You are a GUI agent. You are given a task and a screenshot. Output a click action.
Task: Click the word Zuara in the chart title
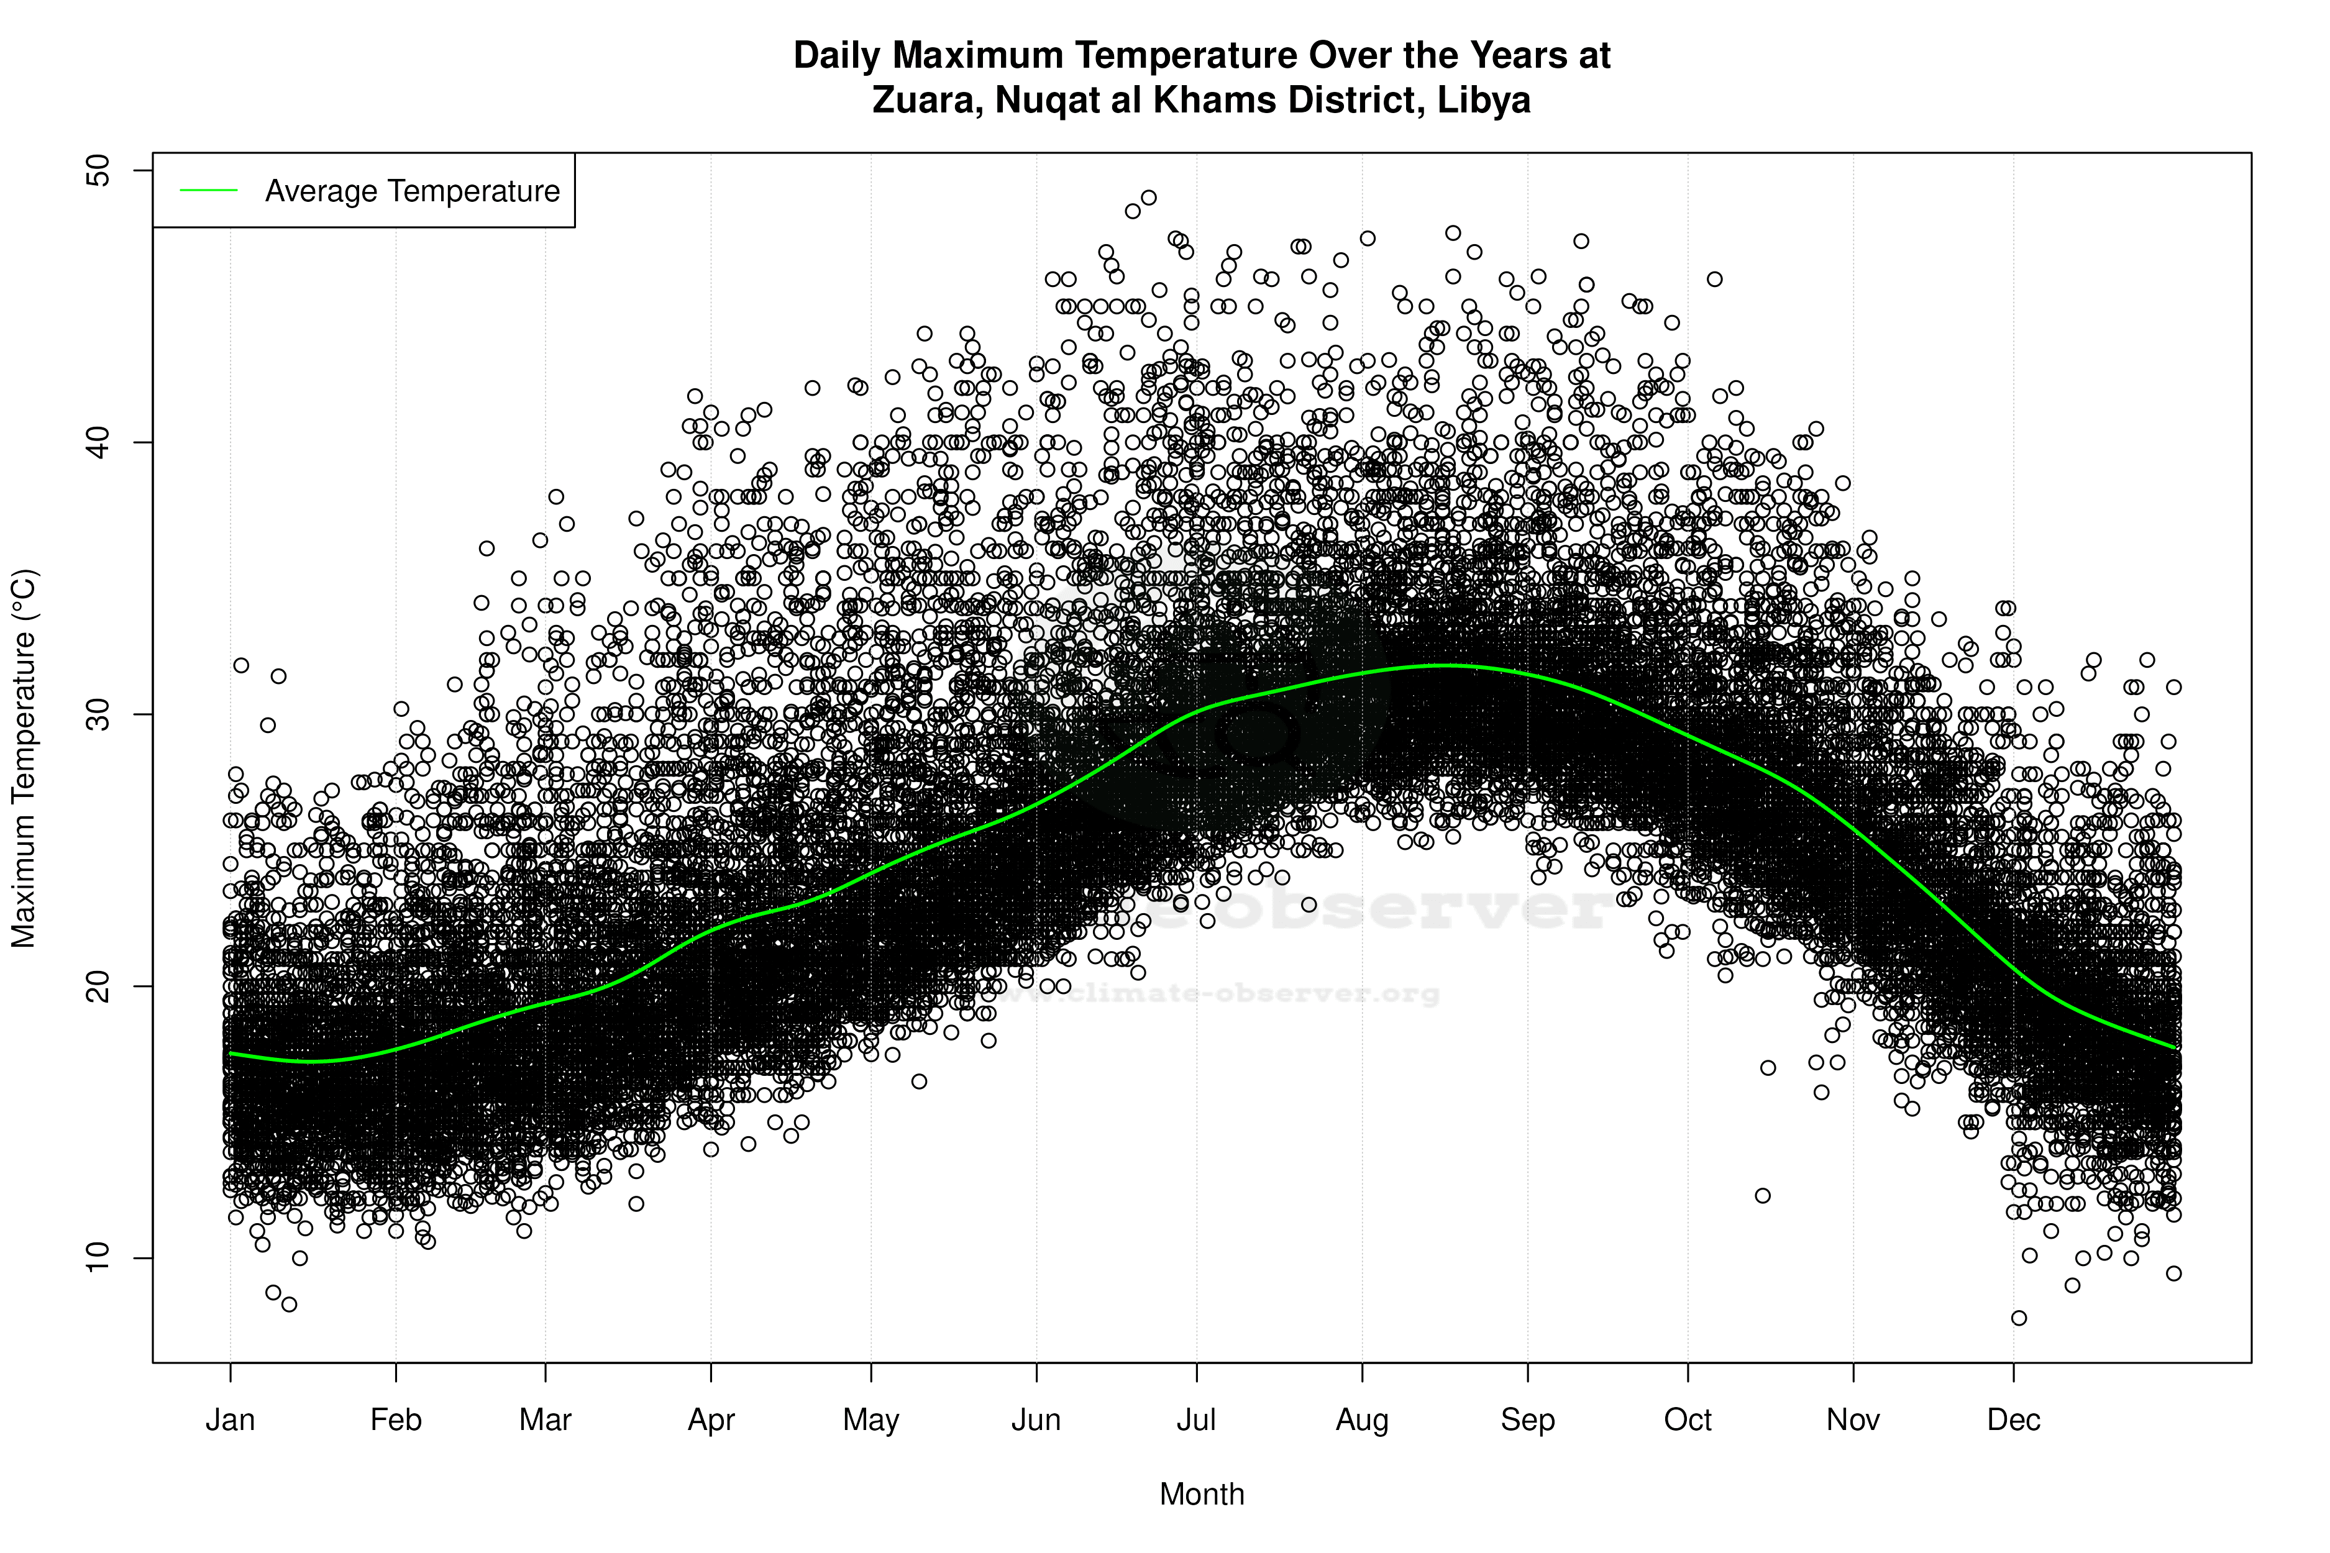pos(925,100)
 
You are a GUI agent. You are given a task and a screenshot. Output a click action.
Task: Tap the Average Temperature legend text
pos(412,191)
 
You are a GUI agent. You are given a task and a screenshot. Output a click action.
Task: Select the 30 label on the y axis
pos(99,714)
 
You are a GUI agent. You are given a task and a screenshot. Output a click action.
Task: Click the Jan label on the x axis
pos(231,1420)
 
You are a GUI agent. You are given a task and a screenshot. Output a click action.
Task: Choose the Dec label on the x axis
pos(2014,1420)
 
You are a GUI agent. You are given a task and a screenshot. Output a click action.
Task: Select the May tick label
pos(870,1420)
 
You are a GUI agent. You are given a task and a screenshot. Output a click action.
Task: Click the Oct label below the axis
pos(1688,1420)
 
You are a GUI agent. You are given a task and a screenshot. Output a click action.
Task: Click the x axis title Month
pos(1202,1495)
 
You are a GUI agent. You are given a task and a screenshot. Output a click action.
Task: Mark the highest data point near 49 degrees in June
pos(1149,198)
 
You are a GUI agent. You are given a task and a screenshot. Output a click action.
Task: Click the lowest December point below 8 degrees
pos(2019,1318)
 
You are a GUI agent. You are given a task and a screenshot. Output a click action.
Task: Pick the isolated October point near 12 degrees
pos(1762,1195)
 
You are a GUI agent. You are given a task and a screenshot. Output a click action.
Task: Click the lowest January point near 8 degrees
pos(290,1305)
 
